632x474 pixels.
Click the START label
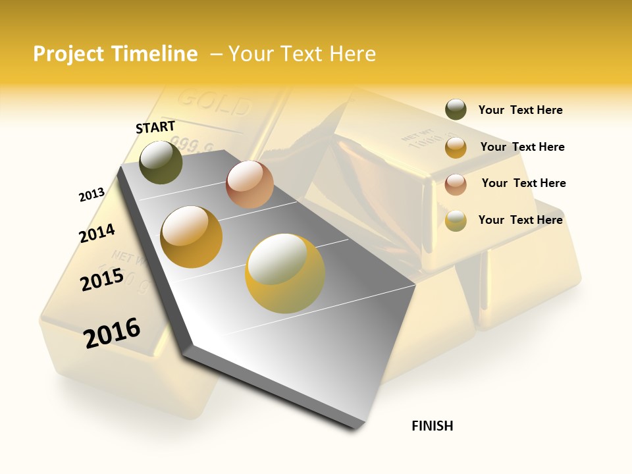155,127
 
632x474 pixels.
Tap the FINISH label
433,426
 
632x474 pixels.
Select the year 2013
92,195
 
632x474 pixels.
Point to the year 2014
97,233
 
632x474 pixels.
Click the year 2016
112,332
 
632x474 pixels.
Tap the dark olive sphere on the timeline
161,162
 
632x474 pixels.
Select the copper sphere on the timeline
250,184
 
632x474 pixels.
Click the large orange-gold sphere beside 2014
192,237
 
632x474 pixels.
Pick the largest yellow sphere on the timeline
285,273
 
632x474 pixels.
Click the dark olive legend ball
456,110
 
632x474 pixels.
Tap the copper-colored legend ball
456,184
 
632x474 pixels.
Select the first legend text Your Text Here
520,110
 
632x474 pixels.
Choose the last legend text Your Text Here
520,220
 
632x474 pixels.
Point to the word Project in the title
68,54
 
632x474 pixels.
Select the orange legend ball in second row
456,147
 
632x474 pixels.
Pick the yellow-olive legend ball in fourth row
456,221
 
